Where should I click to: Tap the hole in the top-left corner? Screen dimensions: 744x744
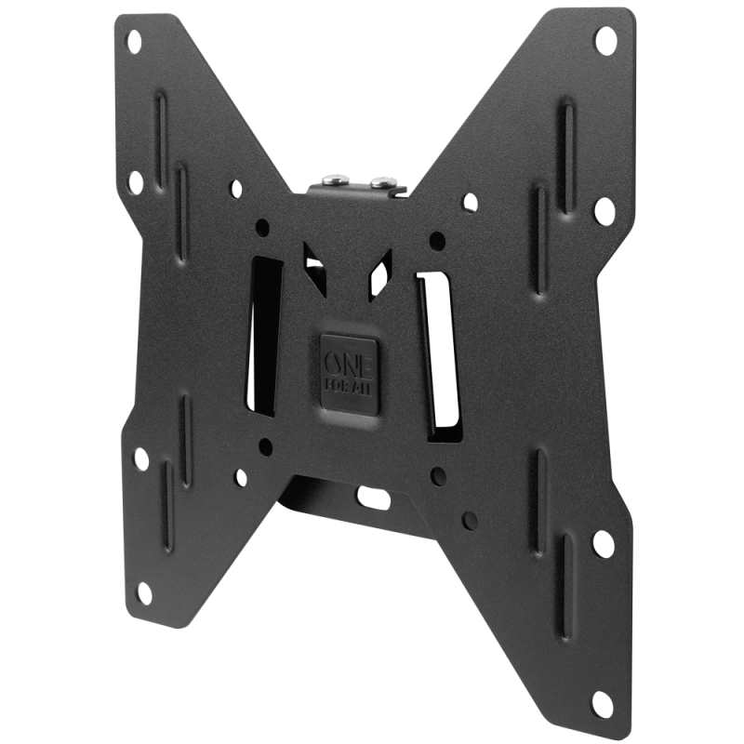134,40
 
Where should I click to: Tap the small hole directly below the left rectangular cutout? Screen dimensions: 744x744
265,445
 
